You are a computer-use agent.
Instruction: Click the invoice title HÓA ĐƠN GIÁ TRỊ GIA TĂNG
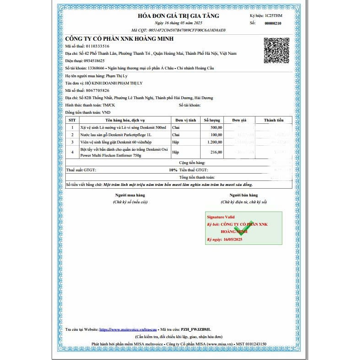pos(179,16)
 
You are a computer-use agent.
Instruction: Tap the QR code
pos(276,50)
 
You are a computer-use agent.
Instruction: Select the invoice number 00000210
pos(273,23)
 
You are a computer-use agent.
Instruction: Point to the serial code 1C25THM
pos(274,16)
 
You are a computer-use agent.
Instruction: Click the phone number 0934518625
pos(91,60)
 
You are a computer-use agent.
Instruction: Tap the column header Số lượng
pos(212,120)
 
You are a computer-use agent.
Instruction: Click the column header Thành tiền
pos(274,120)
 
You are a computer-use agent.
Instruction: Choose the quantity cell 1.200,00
pos(214,142)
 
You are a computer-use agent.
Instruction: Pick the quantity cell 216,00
pos(216,152)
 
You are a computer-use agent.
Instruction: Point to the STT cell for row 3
pos(72,142)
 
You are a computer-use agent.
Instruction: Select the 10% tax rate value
pos(173,169)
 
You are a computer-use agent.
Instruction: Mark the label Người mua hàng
pos(130,195)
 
